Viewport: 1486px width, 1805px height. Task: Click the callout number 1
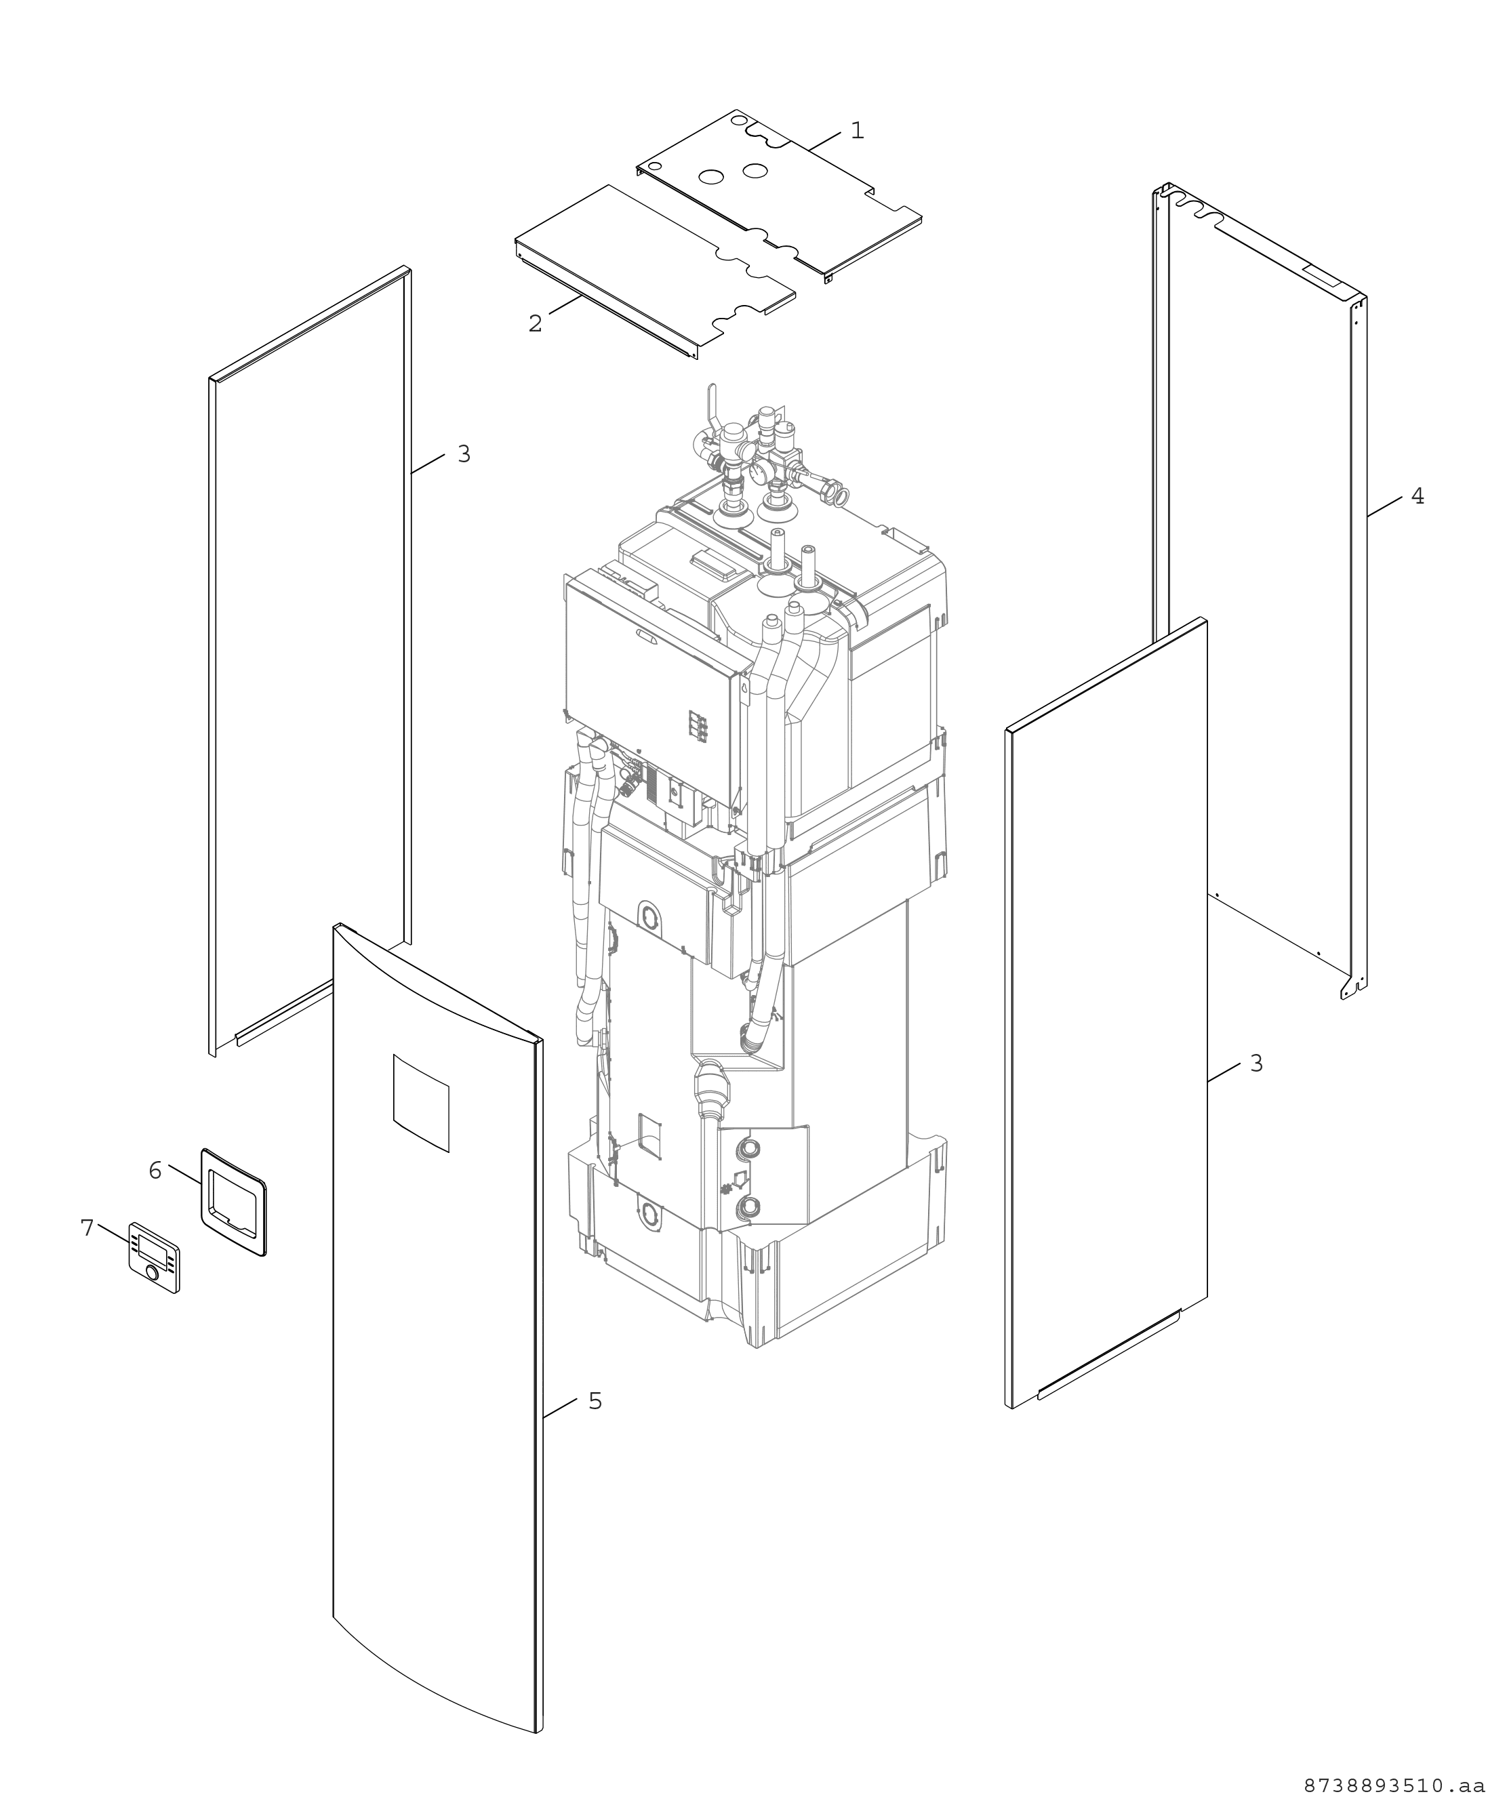click(x=857, y=131)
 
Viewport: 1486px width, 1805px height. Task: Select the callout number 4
click(x=1418, y=496)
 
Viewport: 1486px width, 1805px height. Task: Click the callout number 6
click(x=155, y=1171)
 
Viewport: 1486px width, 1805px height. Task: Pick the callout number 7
click(x=87, y=1228)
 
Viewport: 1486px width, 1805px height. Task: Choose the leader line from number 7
click(x=113, y=1234)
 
